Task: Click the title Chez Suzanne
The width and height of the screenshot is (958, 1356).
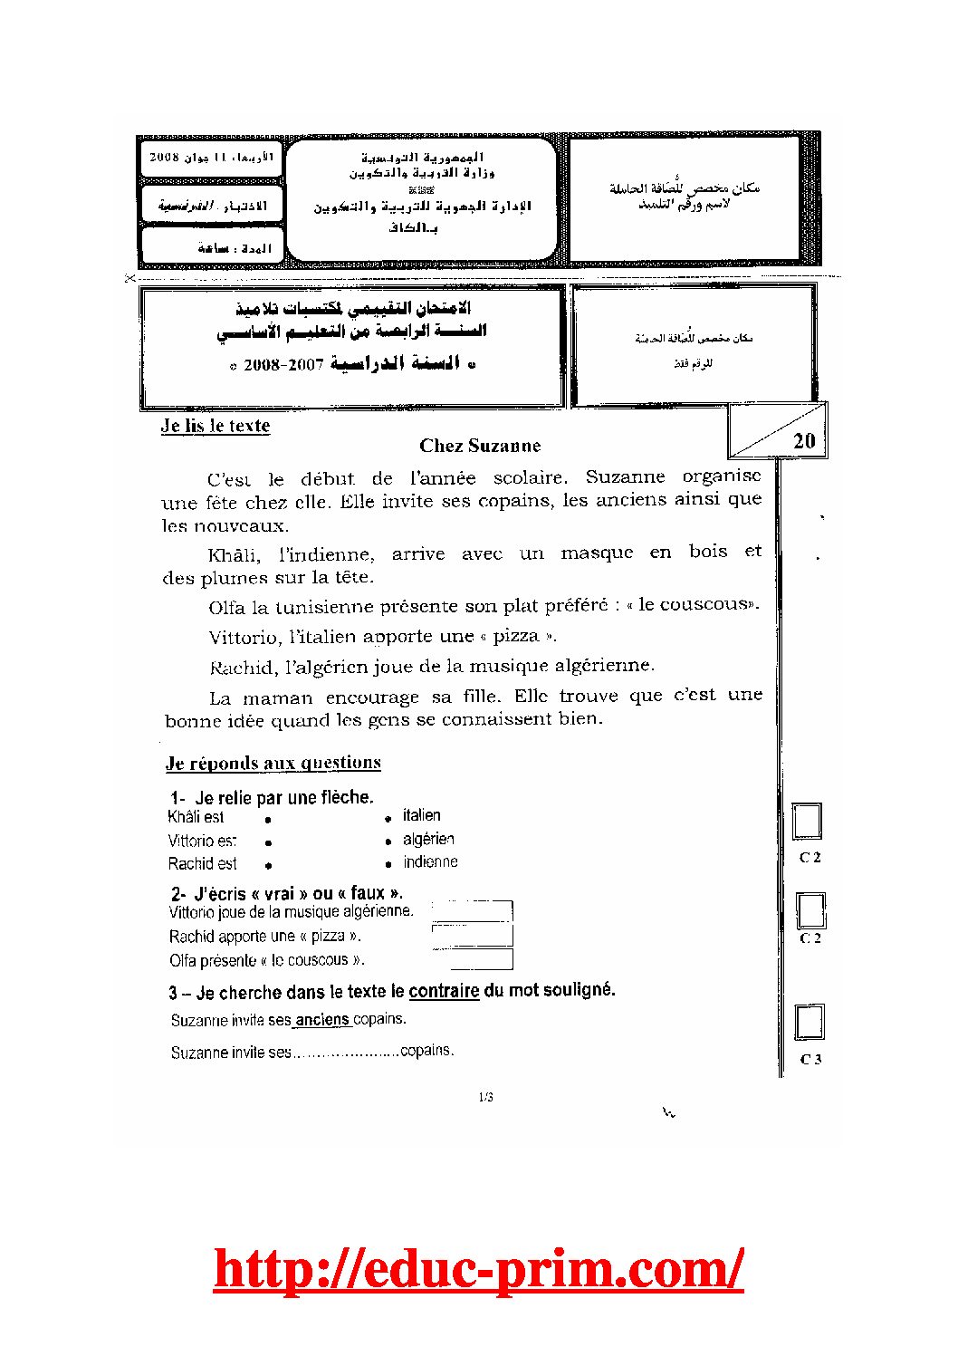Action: [480, 446]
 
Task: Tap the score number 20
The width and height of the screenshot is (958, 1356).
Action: [804, 441]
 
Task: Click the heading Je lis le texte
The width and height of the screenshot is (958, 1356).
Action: [216, 426]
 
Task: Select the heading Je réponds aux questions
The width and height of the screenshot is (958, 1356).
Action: [273, 763]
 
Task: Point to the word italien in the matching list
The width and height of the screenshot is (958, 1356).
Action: [422, 815]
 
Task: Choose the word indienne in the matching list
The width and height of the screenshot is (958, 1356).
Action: [430, 862]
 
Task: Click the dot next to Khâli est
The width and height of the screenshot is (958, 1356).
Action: [268, 819]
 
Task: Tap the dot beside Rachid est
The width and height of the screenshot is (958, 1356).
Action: [268, 866]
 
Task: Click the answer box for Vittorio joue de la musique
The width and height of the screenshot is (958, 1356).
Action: [473, 910]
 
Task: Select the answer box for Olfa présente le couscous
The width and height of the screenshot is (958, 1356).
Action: [473, 959]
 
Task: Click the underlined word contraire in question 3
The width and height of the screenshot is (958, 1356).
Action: [444, 991]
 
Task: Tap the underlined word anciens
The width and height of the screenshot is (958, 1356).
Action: [322, 1020]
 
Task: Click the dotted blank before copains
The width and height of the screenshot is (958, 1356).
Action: [346, 1053]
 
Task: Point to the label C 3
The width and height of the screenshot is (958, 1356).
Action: [810, 1059]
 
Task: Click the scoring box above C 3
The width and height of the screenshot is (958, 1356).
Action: [810, 1022]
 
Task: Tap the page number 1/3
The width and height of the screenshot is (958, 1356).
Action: [485, 1098]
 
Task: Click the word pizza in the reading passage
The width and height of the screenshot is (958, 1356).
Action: [516, 636]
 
